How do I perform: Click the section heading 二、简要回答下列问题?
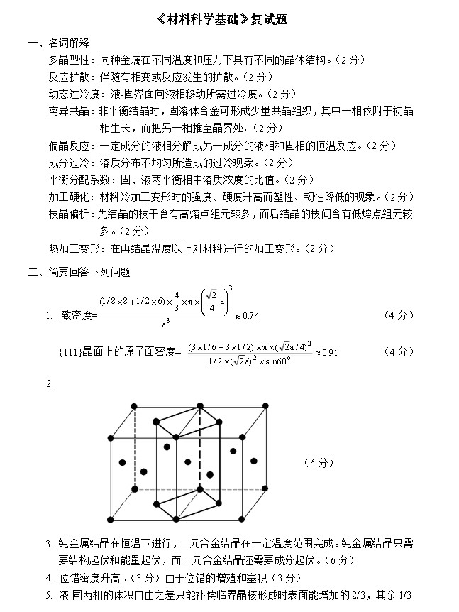pos(79,272)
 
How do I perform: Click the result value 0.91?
pos(326,352)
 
